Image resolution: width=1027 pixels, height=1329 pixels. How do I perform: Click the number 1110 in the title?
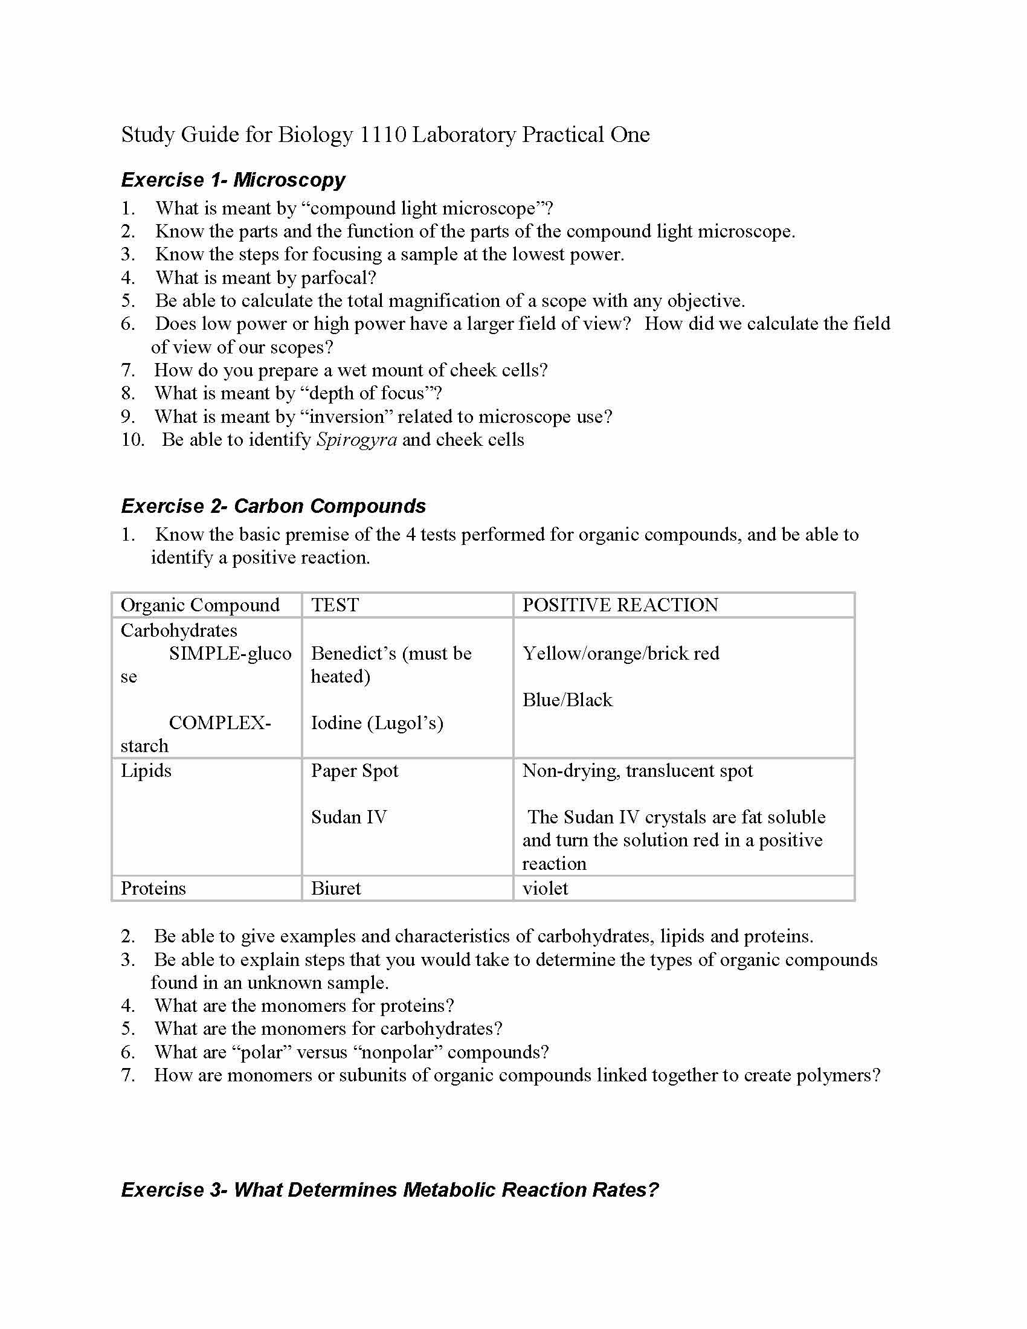coord(382,135)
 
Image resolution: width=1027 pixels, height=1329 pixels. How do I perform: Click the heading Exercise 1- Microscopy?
coord(233,180)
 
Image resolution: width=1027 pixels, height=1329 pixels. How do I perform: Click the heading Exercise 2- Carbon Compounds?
coord(273,506)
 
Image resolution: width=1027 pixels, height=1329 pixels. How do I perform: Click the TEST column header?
coord(335,605)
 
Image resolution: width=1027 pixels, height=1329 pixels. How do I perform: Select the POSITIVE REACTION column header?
coord(620,605)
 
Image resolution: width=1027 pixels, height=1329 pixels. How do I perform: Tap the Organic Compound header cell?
coord(200,605)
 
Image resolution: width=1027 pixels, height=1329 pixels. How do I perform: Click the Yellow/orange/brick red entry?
coord(620,654)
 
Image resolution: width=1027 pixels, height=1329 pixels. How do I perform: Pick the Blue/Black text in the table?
coord(567,700)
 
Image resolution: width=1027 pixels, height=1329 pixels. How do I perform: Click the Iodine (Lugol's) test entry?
coord(376,723)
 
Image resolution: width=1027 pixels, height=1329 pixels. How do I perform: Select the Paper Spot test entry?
coord(354,771)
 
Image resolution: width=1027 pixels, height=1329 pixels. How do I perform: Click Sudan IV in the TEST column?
coord(349,817)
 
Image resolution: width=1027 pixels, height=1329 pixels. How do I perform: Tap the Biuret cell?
coord(336,889)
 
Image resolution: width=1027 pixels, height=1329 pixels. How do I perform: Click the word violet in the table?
coord(545,889)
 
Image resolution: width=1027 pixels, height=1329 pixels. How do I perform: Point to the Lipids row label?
coord(146,771)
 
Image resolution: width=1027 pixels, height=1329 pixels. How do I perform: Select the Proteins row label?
coord(153,889)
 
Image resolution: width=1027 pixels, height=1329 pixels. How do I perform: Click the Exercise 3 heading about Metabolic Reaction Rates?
coord(390,1189)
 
